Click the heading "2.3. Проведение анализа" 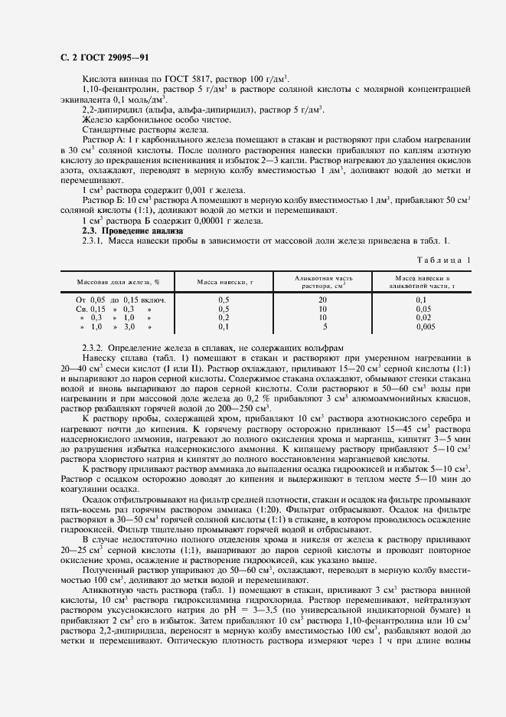click(x=133, y=231)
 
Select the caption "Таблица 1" click(x=442, y=260)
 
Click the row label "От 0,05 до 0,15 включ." click(x=121, y=300)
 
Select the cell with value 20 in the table click(x=324, y=300)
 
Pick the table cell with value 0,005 click(x=422, y=326)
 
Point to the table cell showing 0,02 click(x=422, y=317)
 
